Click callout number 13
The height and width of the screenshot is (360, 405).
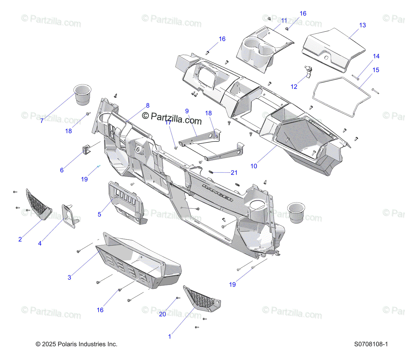[362, 25]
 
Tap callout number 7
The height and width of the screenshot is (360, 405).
[42, 121]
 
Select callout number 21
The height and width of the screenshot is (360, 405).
[234, 173]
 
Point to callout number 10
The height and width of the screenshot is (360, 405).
[254, 166]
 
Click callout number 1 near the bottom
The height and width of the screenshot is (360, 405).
[170, 336]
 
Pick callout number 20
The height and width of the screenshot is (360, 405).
[162, 314]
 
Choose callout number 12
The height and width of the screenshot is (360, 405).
[294, 87]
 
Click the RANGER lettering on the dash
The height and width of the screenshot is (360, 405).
[218, 192]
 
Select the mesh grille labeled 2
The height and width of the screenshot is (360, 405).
[38, 205]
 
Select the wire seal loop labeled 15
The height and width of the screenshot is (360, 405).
[341, 96]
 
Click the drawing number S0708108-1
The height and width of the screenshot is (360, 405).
[371, 344]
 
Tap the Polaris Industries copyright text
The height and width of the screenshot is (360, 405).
[77, 344]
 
